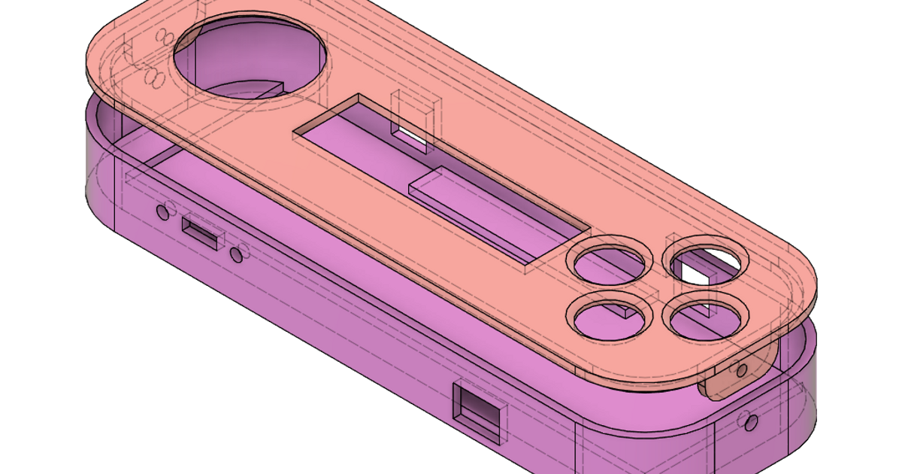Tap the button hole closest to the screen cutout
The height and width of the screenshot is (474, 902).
(x=610, y=260)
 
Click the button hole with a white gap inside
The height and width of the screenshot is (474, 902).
(x=705, y=261)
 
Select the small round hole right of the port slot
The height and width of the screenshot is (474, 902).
(x=238, y=254)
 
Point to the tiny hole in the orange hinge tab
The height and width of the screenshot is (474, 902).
(x=743, y=369)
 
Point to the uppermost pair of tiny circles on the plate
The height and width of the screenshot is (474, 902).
(x=162, y=35)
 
